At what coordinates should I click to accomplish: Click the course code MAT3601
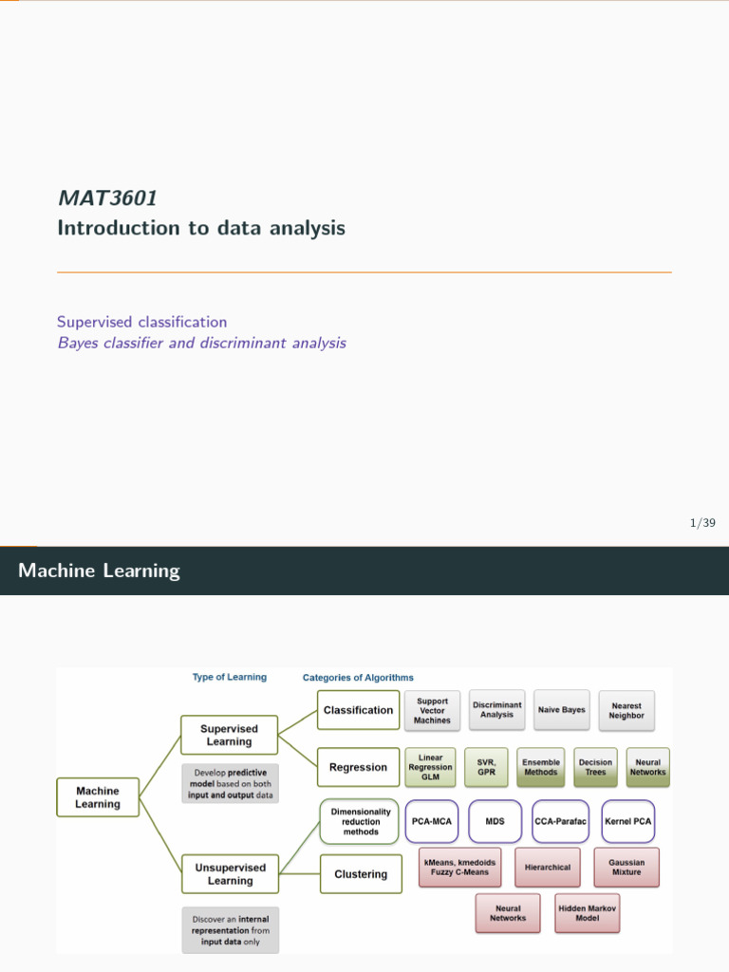point(107,198)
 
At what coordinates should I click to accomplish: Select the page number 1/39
point(702,523)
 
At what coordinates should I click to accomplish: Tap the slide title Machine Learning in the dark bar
point(99,570)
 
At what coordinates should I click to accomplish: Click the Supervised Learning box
point(229,736)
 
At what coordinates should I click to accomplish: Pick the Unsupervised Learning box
point(231,873)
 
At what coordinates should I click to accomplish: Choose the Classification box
point(358,710)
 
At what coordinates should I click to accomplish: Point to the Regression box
point(358,767)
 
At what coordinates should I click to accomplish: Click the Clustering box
point(361,874)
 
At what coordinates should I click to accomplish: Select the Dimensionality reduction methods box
point(360,822)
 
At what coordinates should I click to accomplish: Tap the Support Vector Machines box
point(433,711)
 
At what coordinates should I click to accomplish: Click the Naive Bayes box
point(562,710)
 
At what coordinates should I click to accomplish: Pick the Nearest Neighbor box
point(626,711)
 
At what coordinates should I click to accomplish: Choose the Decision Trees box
point(595,767)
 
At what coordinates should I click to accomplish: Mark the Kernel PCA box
point(628,821)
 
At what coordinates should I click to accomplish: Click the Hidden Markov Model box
point(587,913)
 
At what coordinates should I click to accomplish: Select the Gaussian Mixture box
point(626,868)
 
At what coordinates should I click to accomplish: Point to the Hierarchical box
point(548,868)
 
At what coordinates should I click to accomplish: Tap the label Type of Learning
point(230,678)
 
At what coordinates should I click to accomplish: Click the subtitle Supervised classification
point(141,322)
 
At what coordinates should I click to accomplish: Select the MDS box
point(495,821)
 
